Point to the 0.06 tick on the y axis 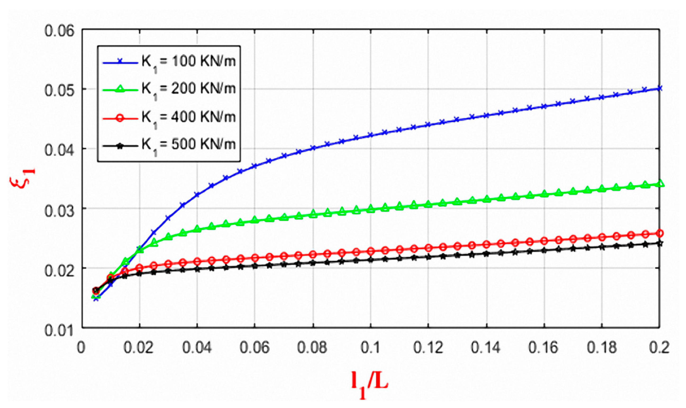pos(59,31)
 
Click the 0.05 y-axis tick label pos(59,90)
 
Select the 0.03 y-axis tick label pos(59,211)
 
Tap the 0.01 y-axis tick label pos(59,330)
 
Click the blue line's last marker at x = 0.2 pos(659,88)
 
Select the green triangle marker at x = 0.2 pos(659,184)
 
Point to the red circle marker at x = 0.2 pos(659,233)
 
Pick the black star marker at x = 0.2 pos(659,243)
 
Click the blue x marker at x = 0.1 pos(371,135)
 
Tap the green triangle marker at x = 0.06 pos(255,219)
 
